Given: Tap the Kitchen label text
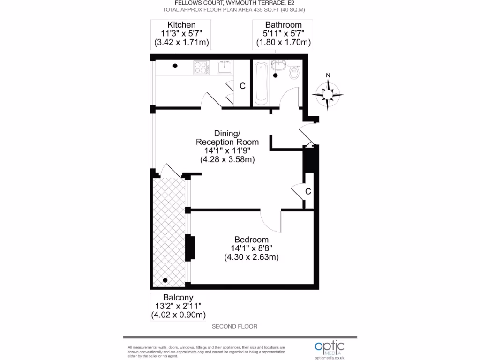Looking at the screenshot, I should point(181,25).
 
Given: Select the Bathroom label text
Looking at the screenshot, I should point(283,25).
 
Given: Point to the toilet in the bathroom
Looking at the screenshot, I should point(294,72).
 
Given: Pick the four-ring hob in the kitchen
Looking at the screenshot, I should point(202,68).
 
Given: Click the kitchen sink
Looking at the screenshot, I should point(224,68).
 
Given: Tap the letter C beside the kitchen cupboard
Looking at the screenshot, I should point(242,86).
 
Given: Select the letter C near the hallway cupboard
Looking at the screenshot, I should point(308,191).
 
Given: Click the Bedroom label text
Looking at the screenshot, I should point(251,240).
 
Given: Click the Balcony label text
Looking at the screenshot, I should point(178,298).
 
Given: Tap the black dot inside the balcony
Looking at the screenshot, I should point(165,280).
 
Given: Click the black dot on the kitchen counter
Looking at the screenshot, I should point(175,66).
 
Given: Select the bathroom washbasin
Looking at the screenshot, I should point(277,65).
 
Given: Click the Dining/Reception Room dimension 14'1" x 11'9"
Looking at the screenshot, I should point(227,150).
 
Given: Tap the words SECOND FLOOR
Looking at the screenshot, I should point(234,326).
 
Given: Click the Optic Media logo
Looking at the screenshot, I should point(329,347).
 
